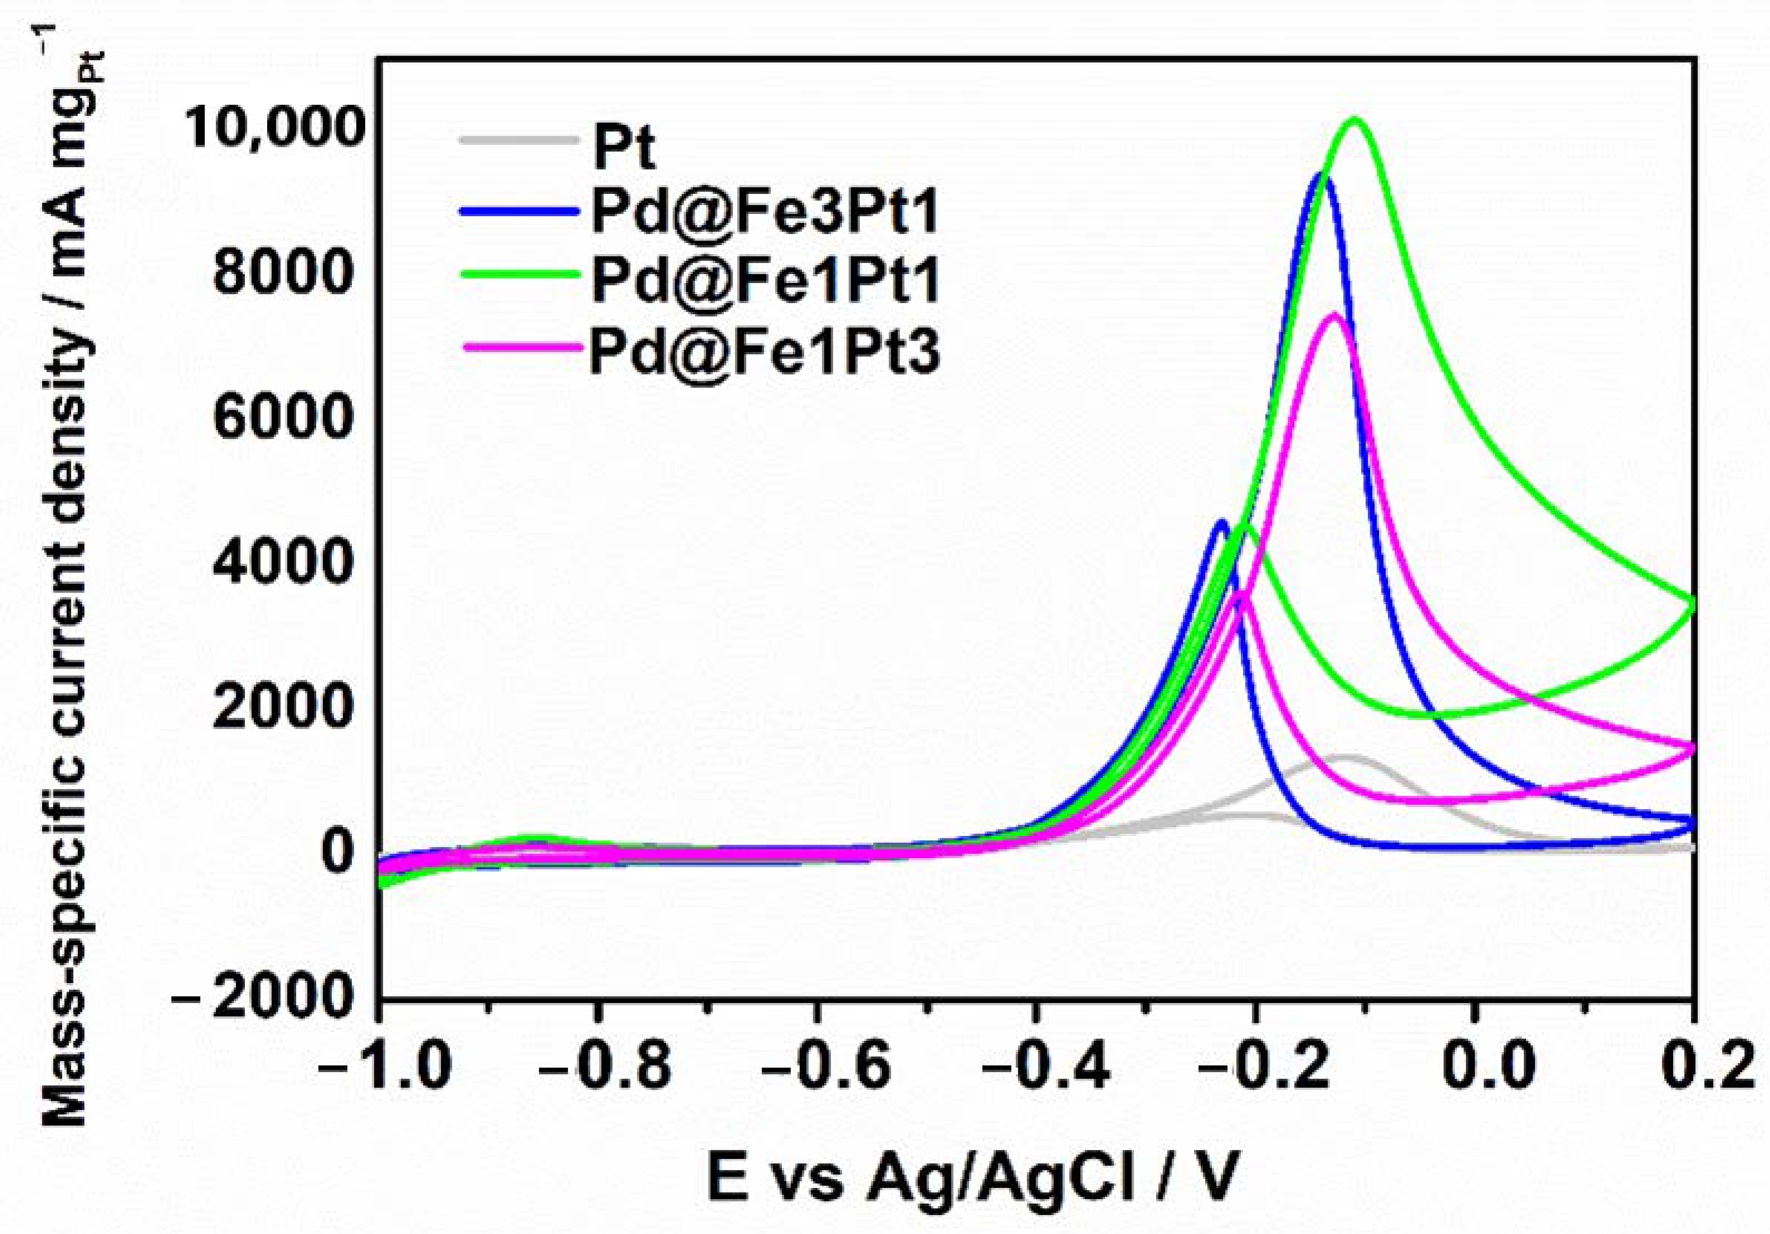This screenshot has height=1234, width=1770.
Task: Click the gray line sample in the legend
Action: pos(518,140)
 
